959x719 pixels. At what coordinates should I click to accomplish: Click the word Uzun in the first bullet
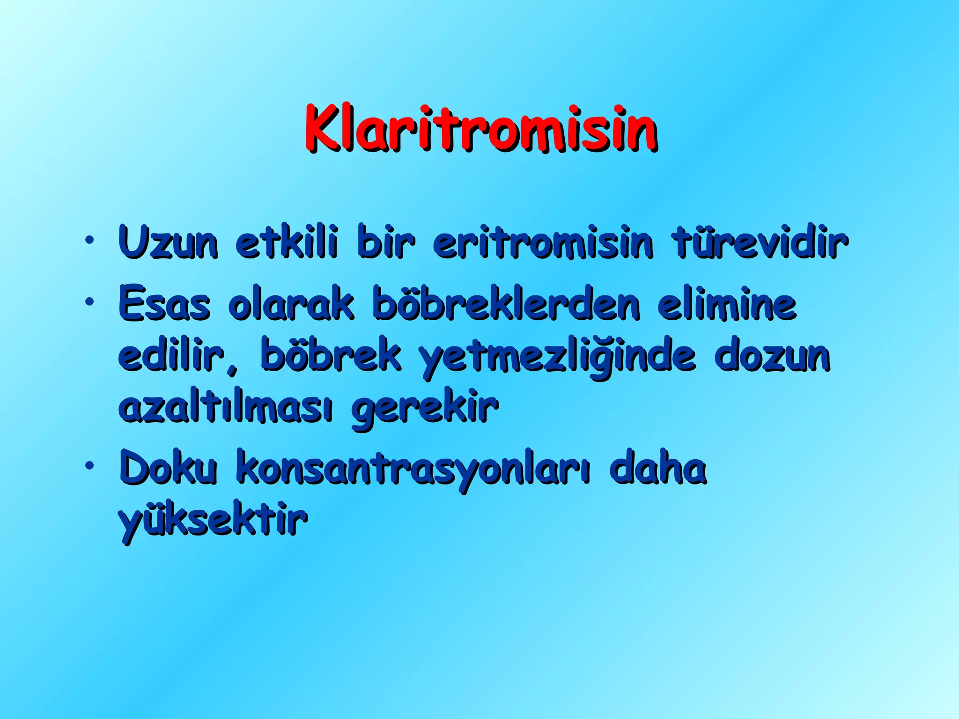[168, 242]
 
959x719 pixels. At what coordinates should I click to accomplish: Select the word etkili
[286, 242]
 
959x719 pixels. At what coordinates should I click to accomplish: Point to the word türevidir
[760, 242]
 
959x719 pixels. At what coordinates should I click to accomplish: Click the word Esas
[164, 304]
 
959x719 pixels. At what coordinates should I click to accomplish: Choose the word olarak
[291, 304]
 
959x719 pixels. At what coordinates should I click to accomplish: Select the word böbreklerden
[506, 304]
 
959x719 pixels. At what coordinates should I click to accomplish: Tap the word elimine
[726, 304]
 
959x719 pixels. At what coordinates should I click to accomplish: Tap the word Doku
[168, 468]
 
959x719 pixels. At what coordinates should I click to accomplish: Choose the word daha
[658, 468]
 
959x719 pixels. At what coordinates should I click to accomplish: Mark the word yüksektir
[213, 521]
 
